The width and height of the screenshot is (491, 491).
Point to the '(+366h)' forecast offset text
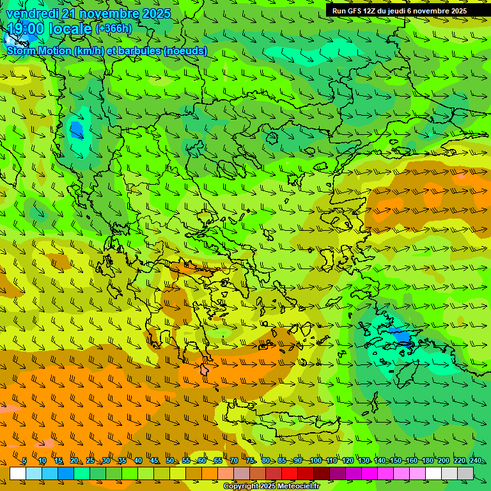pos(114,28)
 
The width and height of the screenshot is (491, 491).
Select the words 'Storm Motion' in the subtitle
pos(38,51)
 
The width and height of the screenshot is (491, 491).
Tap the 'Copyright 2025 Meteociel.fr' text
pos(272,486)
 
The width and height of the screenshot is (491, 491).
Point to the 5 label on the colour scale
pos(24,461)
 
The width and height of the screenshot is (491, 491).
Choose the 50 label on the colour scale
pos(170,461)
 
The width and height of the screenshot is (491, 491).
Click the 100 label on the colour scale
pos(315,461)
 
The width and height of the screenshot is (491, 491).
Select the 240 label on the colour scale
pos(476,461)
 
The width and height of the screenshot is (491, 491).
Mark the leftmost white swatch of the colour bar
pos(18,473)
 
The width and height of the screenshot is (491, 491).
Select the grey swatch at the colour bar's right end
pos(466,473)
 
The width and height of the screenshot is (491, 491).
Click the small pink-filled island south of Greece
pos(205,370)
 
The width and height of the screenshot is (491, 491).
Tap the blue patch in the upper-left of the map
pos(76,130)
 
